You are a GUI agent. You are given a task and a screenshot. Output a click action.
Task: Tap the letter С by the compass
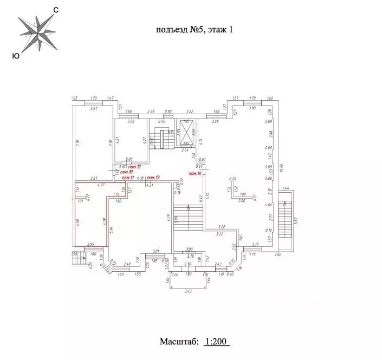(56, 10)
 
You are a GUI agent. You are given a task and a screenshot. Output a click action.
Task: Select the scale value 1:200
(217, 342)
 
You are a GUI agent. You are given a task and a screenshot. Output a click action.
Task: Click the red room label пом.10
(127, 172)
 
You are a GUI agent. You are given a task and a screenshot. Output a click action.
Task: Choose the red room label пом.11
(128, 178)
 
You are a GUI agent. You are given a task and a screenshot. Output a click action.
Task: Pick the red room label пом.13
(154, 178)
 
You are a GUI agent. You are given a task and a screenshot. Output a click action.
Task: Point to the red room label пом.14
(195, 173)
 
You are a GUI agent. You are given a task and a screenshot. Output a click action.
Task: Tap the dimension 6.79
(169, 218)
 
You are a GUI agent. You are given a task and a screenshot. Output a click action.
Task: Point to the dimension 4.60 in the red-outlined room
(78, 221)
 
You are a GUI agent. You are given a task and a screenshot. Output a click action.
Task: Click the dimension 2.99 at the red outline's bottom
(90, 244)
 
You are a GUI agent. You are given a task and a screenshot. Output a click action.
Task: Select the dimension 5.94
(112, 229)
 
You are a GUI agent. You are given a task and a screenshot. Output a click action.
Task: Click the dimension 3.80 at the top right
(251, 108)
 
